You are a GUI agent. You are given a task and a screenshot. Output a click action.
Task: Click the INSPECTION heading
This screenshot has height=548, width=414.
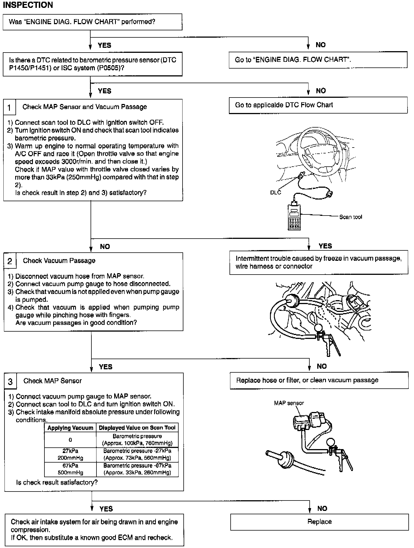pyautogui.click(x=28, y=5)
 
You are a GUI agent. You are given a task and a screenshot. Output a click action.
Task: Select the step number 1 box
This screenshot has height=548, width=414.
pyautogui.click(x=10, y=107)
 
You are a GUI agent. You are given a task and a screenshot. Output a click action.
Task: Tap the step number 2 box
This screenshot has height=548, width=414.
pyautogui.click(x=10, y=261)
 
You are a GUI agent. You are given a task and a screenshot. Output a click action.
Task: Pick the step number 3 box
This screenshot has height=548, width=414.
pyautogui.click(x=10, y=381)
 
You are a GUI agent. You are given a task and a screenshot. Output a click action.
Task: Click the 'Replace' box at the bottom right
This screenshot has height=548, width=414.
pyautogui.click(x=319, y=522)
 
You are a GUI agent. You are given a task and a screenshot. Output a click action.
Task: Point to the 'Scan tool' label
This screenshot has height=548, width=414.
pyautogui.click(x=350, y=217)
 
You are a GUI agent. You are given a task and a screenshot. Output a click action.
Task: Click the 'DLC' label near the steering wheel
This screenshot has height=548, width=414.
pyautogui.click(x=275, y=193)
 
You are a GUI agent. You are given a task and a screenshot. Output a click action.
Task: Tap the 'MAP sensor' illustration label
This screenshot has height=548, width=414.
pyautogui.click(x=289, y=403)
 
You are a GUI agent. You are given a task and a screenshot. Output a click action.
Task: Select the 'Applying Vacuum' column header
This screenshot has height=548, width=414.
pyautogui.click(x=70, y=428)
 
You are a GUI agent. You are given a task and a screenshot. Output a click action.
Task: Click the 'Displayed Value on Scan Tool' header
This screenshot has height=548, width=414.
pyautogui.click(x=137, y=428)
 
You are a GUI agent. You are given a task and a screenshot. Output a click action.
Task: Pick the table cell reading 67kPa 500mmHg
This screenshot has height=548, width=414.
pyautogui.click(x=70, y=469)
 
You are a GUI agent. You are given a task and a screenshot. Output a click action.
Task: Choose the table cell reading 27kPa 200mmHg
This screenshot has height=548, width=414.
pyautogui.click(x=70, y=454)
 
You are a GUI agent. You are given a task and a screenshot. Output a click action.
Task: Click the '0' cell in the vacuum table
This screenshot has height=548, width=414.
pyautogui.click(x=70, y=440)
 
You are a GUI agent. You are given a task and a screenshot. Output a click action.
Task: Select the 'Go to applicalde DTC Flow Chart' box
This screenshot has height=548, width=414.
pyautogui.click(x=318, y=105)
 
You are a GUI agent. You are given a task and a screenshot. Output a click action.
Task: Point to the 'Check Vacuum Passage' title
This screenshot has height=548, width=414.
pyautogui.click(x=59, y=261)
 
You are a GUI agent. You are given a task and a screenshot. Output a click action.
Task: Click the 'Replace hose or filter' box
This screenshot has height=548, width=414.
pyautogui.click(x=319, y=381)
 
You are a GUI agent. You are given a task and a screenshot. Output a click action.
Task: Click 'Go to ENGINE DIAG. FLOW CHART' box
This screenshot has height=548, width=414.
pyautogui.click(x=318, y=60)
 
